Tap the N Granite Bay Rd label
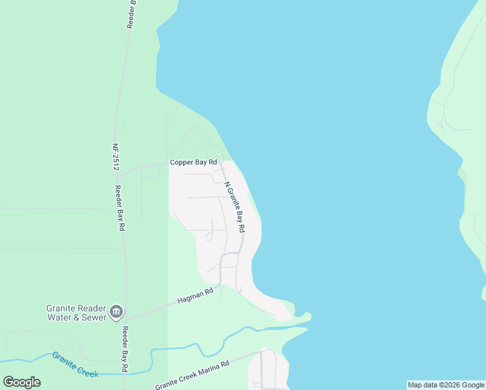(x=235, y=207)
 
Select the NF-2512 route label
(x=116, y=157)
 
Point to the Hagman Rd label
(x=196, y=298)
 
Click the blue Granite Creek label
(x=75, y=365)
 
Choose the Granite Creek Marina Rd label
(x=192, y=375)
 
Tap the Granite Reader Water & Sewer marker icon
(x=116, y=312)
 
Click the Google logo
(x=21, y=382)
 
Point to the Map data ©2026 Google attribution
(x=446, y=385)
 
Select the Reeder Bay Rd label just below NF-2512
(x=120, y=209)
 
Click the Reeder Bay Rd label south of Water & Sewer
(x=124, y=348)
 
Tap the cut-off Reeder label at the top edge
(x=131, y=13)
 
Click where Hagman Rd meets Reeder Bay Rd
(x=125, y=319)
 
